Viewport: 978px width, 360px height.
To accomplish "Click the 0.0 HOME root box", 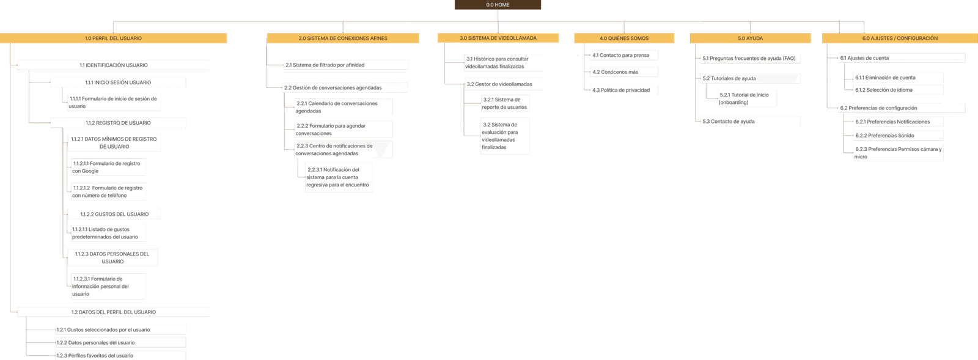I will point(498,5).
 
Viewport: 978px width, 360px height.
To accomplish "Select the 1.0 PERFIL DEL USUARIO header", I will point(114,38).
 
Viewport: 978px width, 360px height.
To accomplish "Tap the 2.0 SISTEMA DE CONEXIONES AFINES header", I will point(343,38).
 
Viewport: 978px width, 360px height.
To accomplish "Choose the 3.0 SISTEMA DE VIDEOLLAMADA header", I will point(498,38).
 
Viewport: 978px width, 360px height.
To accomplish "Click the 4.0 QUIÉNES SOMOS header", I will point(624,38).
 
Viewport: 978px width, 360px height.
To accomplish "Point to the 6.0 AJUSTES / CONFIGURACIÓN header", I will point(900,38).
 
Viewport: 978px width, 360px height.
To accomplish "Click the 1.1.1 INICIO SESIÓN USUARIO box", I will point(118,82).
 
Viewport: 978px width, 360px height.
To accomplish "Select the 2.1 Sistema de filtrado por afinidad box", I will point(347,65).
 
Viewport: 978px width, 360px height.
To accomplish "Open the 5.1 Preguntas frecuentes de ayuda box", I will point(751,59).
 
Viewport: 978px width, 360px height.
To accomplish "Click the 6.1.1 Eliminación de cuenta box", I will point(899,78).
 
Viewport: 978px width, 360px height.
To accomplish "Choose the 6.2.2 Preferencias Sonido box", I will point(899,136).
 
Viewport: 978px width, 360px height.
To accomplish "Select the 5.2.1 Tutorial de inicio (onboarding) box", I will point(748,98).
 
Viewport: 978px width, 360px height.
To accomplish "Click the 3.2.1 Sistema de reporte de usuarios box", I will point(506,103).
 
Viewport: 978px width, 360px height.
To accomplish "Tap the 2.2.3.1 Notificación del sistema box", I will point(339,177).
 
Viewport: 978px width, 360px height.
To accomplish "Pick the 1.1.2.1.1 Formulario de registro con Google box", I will point(109,167).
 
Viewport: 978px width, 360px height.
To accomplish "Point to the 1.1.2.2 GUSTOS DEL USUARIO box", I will point(114,215).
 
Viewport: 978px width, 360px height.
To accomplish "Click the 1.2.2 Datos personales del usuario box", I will point(120,343).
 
